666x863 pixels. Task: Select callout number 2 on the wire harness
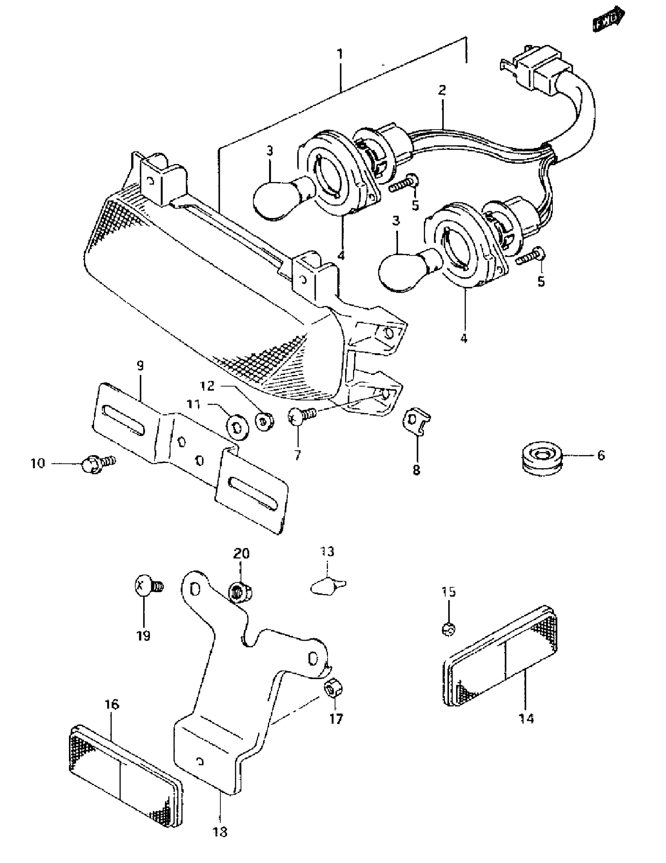tap(442, 90)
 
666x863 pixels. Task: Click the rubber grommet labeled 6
tap(540, 459)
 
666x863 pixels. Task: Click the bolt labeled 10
tap(97, 463)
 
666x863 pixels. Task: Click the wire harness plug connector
tap(539, 68)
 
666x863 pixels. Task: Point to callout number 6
tap(600, 456)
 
